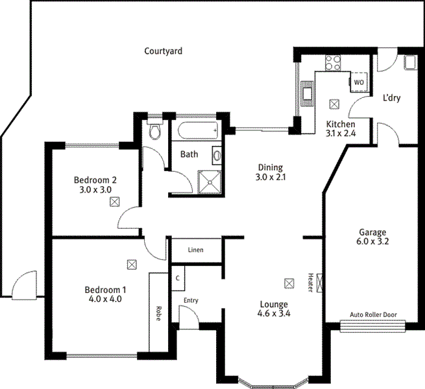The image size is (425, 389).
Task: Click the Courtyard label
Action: pyautogui.click(x=163, y=51)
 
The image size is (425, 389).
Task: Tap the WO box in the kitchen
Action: pyautogui.click(x=358, y=82)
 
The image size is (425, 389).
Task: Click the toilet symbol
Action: pyautogui.click(x=154, y=132)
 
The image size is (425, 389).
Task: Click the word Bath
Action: pyautogui.click(x=189, y=154)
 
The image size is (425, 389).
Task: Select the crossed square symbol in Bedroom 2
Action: pyautogui.click(x=114, y=202)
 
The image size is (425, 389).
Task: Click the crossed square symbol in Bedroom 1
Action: pyautogui.click(x=132, y=265)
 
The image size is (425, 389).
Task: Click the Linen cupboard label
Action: pyautogui.click(x=195, y=250)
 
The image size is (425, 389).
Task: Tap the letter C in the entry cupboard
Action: pyautogui.click(x=178, y=277)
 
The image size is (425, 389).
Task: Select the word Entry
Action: pyautogui.click(x=191, y=300)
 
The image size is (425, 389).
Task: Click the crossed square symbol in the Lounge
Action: pyautogui.click(x=289, y=283)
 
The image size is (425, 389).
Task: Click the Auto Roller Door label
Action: pyautogui.click(x=373, y=314)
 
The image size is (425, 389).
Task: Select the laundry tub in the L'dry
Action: pyautogui.click(x=410, y=63)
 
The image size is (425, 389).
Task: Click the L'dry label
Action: pyautogui.click(x=391, y=98)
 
